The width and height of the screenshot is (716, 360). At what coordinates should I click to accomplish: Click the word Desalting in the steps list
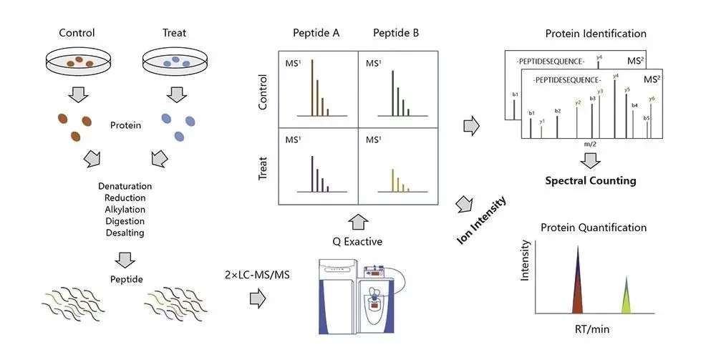125,233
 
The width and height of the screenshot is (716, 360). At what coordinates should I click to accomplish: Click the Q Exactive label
358,242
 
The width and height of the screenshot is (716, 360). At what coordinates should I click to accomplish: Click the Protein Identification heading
596,34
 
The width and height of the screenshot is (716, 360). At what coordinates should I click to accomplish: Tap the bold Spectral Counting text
591,181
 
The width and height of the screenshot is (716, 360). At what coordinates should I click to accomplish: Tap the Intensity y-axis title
526,260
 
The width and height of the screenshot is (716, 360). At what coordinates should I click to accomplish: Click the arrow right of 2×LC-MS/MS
256,297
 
